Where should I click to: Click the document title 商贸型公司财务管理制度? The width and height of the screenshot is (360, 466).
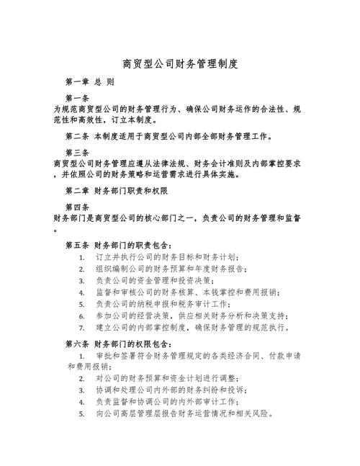[x=180, y=64]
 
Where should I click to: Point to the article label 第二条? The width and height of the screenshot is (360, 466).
[x=77, y=136]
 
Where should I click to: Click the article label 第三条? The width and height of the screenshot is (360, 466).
[x=77, y=153]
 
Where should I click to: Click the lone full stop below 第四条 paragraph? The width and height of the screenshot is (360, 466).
[x=55, y=230]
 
